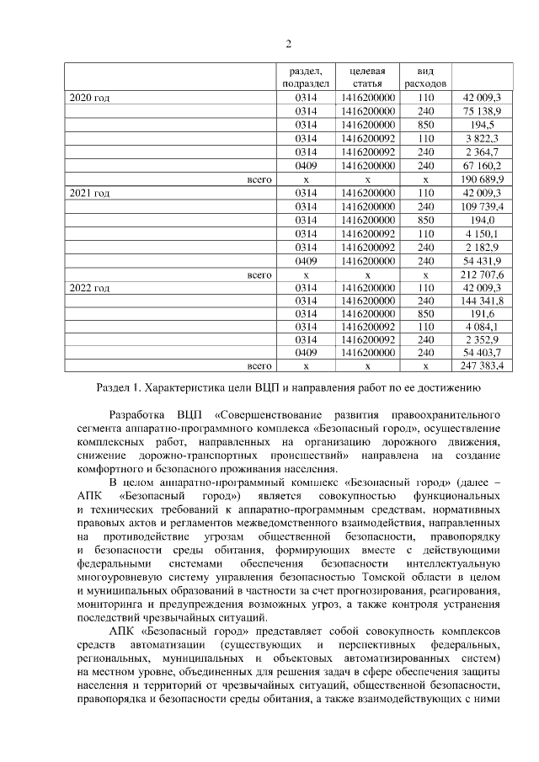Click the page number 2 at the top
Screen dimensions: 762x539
point(287,45)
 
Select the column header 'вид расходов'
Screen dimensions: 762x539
point(425,77)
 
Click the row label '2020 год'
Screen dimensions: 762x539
point(89,99)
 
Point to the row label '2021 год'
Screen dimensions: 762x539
point(89,194)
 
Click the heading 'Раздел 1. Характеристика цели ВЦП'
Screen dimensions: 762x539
point(287,389)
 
